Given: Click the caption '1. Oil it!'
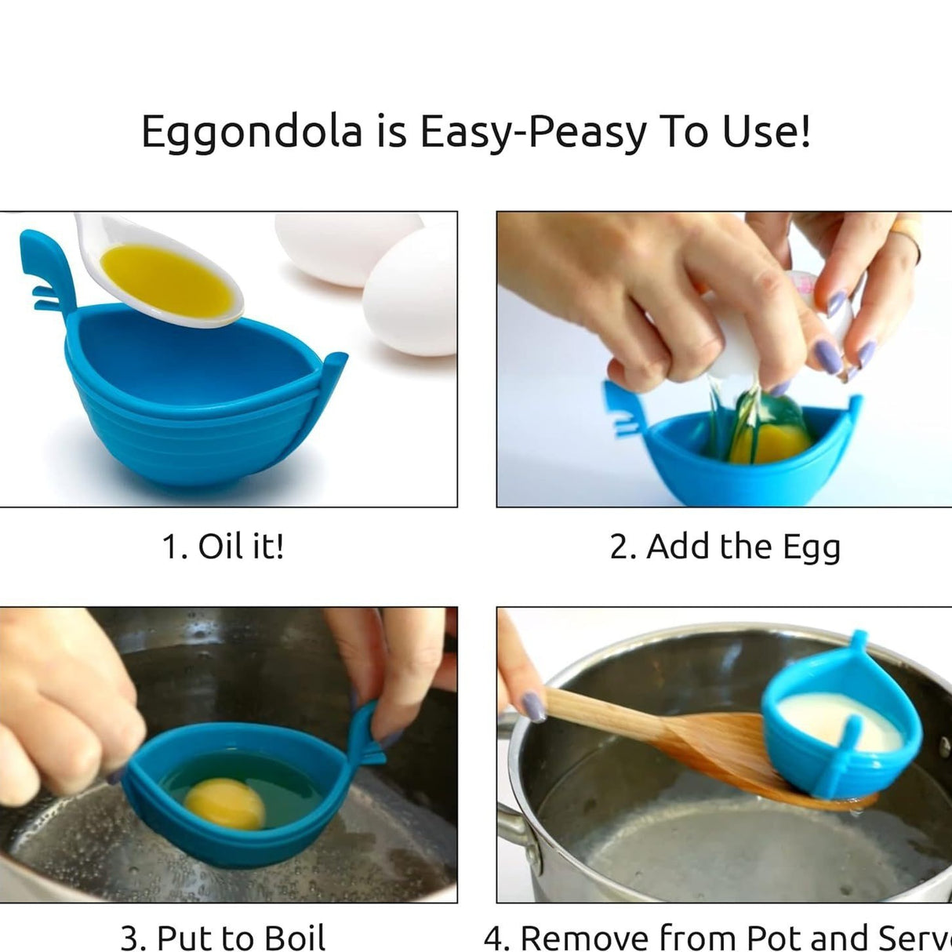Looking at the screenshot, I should (223, 546).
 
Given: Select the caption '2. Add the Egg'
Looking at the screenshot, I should (725, 547).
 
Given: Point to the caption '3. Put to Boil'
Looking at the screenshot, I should (223, 936).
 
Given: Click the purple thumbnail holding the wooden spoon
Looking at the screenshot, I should (533, 705).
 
